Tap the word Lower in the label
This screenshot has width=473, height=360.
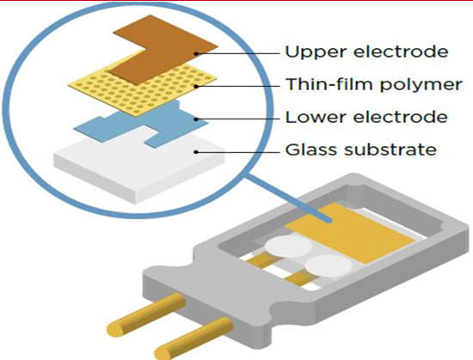point(316,117)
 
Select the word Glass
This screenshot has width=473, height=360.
point(311,149)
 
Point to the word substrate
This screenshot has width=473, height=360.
point(390,149)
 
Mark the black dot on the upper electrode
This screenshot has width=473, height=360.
point(196,54)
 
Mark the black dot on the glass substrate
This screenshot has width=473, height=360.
point(196,152)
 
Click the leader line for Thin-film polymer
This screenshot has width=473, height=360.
point(237,87)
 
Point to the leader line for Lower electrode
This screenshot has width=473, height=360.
point(237,119)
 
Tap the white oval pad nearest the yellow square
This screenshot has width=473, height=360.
point(329,266)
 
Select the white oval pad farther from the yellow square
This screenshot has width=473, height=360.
point(289,246)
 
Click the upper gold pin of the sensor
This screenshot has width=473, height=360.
point(147,314)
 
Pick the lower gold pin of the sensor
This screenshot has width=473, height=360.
point(193,338)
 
